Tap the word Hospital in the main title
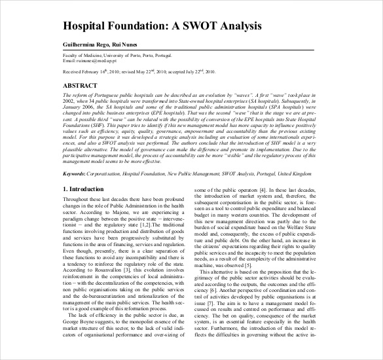pyautogui.click(x=86, y=26)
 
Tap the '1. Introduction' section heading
pyautogui.click(x=82, y=189)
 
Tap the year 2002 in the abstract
pyautogui.click(x=69, y=101)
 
